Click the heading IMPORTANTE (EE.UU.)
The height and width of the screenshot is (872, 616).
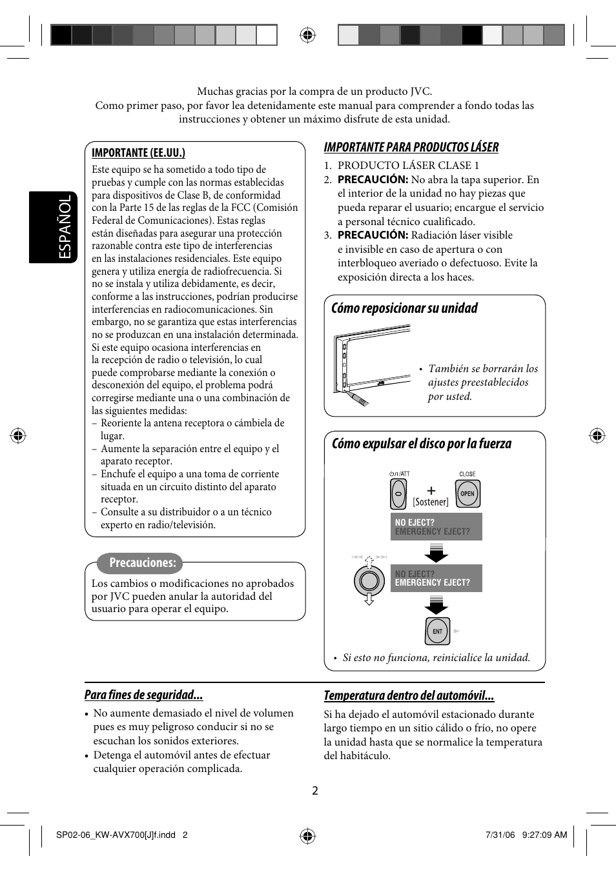coord(138,153)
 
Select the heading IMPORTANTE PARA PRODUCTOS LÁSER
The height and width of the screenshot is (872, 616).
coord(411,147)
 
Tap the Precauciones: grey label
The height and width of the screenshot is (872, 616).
coord(141,563)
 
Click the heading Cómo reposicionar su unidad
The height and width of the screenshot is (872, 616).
coord(404,308)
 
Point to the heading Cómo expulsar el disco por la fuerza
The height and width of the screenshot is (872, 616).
coord(421,444)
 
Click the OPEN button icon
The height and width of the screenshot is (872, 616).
coord(467,494)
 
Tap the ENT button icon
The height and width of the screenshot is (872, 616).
coord(437,631)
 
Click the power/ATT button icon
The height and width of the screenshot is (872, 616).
coord(398,495)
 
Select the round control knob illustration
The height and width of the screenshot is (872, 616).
coord(369,580)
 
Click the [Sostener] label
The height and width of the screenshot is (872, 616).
coord(431,502)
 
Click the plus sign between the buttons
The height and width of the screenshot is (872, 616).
coord(431,490)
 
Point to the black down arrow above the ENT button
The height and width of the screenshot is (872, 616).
coord(436,605)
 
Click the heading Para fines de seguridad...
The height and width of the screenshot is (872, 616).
coord(143,695)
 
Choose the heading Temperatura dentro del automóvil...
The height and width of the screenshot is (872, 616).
coord(409,695)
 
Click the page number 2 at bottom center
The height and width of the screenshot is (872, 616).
coord(315,791)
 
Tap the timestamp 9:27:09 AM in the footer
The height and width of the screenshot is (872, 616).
coord(544,835)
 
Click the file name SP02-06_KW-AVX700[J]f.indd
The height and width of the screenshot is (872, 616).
coord(116,835)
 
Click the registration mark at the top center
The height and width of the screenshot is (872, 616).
coord(308,35)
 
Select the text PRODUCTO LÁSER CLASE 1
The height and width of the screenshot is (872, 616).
coord(408,165)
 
